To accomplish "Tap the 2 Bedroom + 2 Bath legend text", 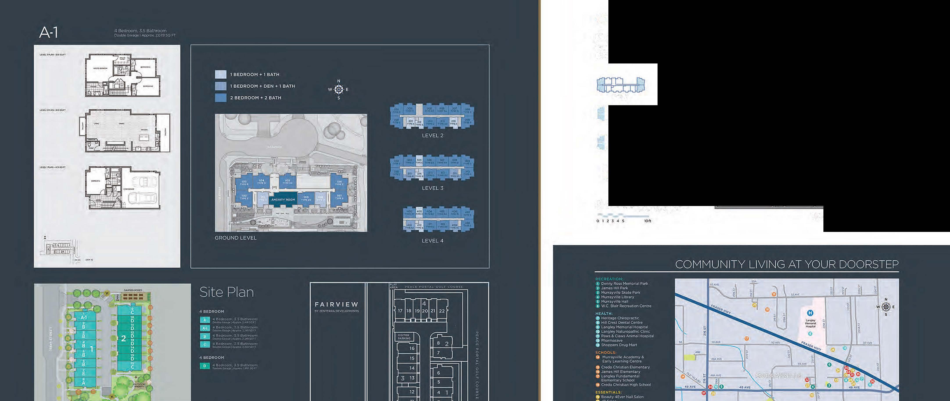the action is click(x=256, y=98).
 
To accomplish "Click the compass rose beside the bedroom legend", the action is click(x=339, y=89).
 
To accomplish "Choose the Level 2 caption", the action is click(x=433, y=135).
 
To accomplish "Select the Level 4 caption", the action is click(x=433, y=241).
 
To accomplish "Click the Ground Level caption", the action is click(x=235, y=238).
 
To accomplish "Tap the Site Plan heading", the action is click(x=226, y=293).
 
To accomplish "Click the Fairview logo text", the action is click(x=336, y=305).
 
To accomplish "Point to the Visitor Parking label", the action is click(x=404, y=337).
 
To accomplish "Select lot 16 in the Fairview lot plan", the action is click(x=412, y=348).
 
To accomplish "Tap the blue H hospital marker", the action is click(x=810, y=313).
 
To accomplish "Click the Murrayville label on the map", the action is click(x=778, y=376).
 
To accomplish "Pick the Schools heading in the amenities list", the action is click(x=606, y=353).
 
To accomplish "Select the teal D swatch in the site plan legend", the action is click(x=205, y=366).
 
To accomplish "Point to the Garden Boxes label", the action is click(x=133, y=290).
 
